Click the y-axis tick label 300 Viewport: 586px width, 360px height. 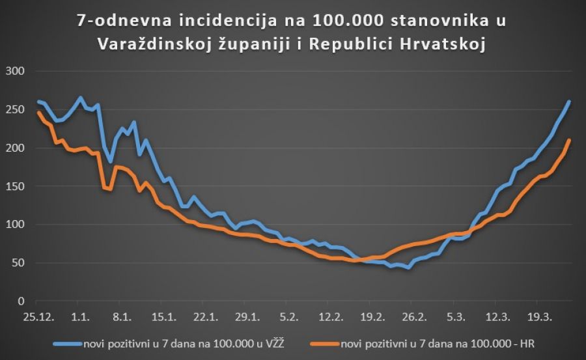(14, 72)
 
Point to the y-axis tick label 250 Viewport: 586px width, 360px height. (14, 110)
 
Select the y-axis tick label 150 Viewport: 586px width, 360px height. (14, 187)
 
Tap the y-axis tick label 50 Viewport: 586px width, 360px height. (16, 263)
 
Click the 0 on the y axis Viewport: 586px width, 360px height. (20, 301)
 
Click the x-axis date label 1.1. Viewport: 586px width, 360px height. (80, 317)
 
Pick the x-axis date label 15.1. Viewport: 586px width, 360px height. (163, 317)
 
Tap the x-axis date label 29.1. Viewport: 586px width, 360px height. (247, 317)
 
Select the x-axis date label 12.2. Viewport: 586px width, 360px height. (330, 317)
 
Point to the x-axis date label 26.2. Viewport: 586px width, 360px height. (413, 317)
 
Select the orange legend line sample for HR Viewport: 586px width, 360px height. (328, 343)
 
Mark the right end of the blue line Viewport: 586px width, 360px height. (570, 101)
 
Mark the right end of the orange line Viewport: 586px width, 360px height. (570, 140)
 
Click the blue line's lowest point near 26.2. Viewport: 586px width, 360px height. (408, 268)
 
